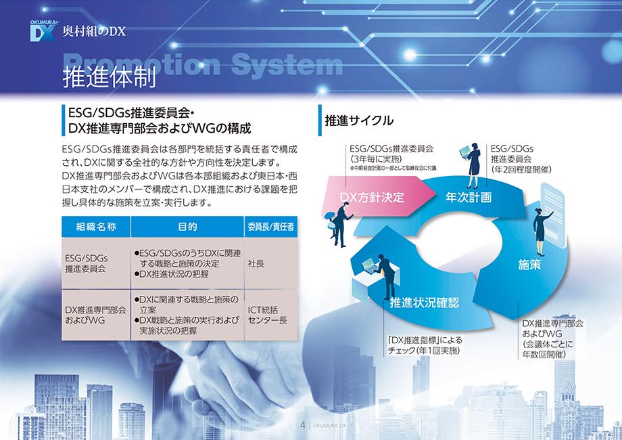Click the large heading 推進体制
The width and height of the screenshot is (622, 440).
[109, 76]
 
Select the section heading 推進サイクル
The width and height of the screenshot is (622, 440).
[359, 120]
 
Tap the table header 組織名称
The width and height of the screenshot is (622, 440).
[96, 227]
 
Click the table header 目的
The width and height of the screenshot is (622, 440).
[187, 227]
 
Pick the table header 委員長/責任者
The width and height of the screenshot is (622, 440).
[271, 227]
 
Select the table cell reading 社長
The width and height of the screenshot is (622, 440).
[256, 264]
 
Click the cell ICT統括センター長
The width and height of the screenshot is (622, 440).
[267, 315]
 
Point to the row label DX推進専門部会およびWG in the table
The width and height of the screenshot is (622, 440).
[95, 315]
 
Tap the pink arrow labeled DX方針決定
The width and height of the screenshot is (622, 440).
[377, 196]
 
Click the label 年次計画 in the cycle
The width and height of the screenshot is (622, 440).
[469, 197]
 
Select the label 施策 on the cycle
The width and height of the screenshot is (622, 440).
[529, 265]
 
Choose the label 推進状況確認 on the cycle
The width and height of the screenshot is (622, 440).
[425, 303]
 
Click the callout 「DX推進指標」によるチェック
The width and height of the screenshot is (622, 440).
[425, 345]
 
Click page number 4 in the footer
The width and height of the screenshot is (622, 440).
[303, 425]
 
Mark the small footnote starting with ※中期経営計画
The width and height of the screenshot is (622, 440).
[393, 169]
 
